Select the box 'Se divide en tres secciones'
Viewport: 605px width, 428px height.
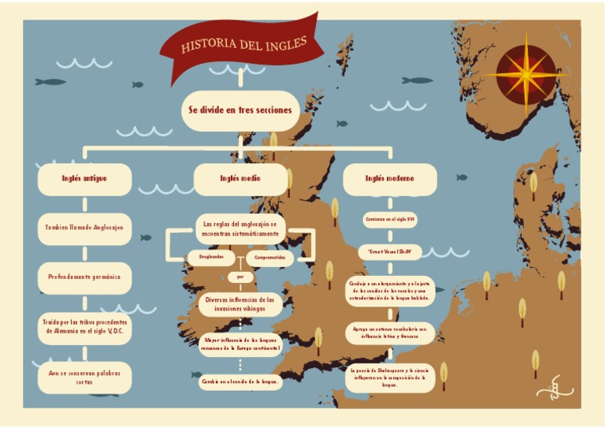pyautogui.click(x=239, y=110)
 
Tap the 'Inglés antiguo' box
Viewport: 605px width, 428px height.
pyautogui.click(x=85, y=179)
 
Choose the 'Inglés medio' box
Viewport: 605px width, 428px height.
pyautogui.click(x=241, y=179)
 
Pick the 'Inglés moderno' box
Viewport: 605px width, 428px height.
pyautogui.click(x=389, y=179)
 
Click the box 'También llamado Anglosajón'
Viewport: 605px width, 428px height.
pyautogui.click(x=85, y=228)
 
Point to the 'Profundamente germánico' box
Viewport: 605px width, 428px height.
pyautogui.click(x=85, y=277)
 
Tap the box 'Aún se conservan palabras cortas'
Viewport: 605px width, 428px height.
pyautogui.click(x=85, y=377)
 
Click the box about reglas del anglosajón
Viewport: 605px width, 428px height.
pyautogui.click(x=239, y=229)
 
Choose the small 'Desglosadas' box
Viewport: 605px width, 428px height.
pyautogui.click(x=211, y=257)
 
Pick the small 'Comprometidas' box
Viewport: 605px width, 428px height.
pyautogui.click(x=269, y=257)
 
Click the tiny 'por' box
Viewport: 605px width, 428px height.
pyautogui.click(x=239, y=277)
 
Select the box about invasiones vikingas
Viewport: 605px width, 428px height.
pyautogui.click(x=239, y=304)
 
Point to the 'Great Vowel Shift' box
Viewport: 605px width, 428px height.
pyautogui.click(x=389, y=252)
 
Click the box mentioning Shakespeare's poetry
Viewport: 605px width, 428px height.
pyautogui.click(x=389, y=377)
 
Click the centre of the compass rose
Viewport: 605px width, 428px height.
pyautogui.click(x=526, y=75)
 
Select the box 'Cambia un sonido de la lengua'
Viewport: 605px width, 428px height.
pyautogui.click(x=239, y=381)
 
